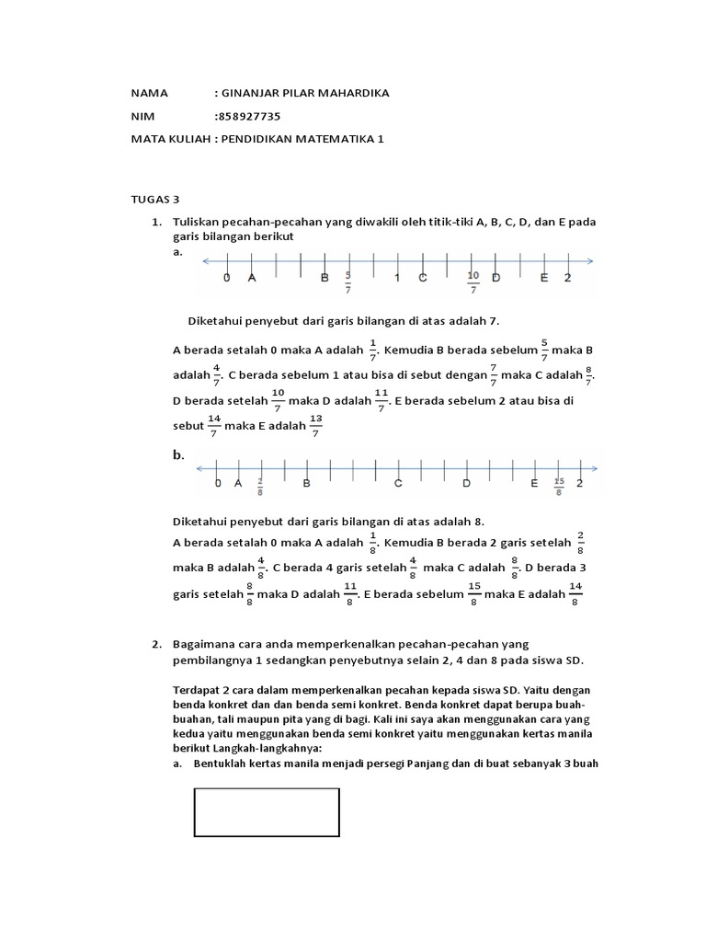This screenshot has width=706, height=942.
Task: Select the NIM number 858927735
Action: point(249,116)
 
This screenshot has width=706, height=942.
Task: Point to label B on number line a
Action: point(324,278)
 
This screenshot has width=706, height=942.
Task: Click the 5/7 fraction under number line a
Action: point(348,282)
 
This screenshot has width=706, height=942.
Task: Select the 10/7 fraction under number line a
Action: point(473,282)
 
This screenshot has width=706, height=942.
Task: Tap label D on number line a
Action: point(496,278)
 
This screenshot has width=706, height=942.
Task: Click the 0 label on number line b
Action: point(218,483)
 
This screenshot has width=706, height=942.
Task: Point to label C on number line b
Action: point(399,483)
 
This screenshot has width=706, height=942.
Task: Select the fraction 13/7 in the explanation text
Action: point(317,427)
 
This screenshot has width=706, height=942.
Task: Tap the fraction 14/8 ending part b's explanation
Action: point(576,594)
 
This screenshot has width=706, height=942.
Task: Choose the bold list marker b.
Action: point(178,454)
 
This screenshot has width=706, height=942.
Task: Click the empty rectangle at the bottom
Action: point(267,812)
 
